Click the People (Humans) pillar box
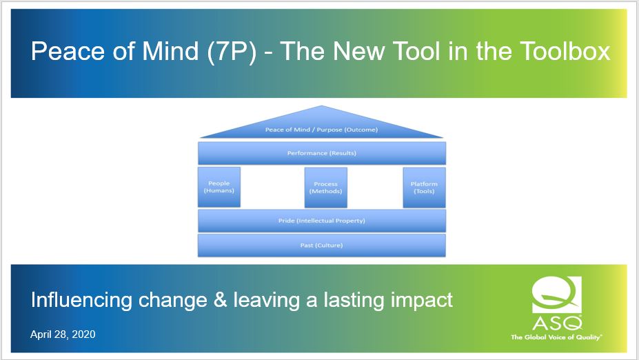pyautogui.click(x=219, y=187)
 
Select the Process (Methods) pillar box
pyautogui.click(x=325, y=187)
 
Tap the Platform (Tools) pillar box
pyautogui.click(x=424, y=187)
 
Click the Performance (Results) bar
pyautogui.click(x=322, y=153)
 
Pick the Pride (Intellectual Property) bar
pyautogui.click(x=322, y=221)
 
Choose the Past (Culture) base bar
pyautogui.click(x=322, y=246)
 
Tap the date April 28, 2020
pyautogui.click(x=63, y=334)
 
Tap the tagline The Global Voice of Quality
pyautogui.click(x=556, y=337)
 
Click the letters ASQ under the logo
pyautogui.click(x=556, y=322)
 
